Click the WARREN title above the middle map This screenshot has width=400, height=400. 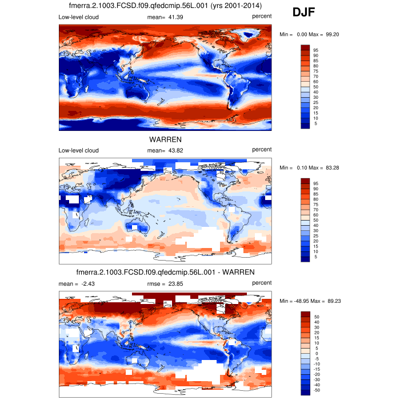[165, 139]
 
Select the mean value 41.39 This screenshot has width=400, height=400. [174, 17]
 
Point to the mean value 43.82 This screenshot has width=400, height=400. [174, 150]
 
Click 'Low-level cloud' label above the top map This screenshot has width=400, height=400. [78, 17]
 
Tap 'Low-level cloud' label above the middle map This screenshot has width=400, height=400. [78, 150]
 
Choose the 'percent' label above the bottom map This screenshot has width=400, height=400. [262, 283]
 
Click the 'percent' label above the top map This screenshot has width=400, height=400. [262, 17]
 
